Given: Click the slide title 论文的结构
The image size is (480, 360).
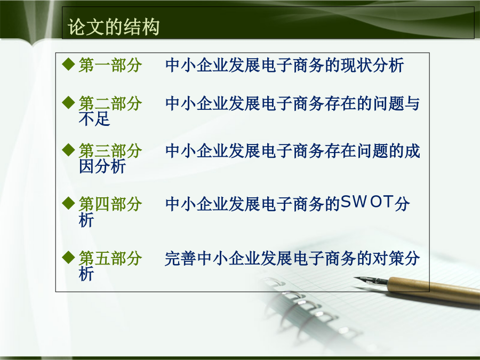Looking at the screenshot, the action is (x=114, y=27).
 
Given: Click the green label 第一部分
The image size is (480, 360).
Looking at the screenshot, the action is (x=110, y=65).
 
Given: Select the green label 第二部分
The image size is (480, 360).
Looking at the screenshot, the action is (x=110, y=103).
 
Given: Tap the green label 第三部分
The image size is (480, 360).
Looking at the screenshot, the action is (x=110, y=150).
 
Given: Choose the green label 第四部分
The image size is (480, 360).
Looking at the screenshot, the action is (x=110, y=204).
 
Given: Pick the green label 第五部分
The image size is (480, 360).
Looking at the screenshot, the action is (x=110, y=258).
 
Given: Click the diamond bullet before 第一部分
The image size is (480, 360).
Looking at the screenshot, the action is (x=68, y=65).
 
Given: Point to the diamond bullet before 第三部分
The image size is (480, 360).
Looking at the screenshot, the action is (x=68, y=150).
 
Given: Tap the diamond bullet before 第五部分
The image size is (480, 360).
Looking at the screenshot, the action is (x=68, y=258).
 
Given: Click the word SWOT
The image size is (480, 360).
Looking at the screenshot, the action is (x=367, y=202).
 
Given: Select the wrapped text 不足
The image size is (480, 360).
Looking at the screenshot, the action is (x=94, y=119).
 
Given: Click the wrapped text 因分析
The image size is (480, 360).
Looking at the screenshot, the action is (x=102, y=166).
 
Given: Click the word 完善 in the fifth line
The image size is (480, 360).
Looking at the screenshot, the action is (x=181, y=258).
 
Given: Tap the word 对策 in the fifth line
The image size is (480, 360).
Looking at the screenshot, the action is (x=388, y=258).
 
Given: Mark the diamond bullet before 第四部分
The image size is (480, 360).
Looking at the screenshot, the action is (x=68, y=203).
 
